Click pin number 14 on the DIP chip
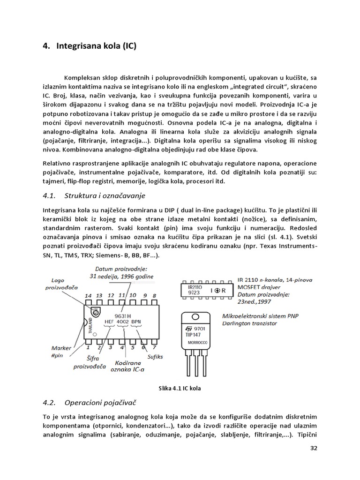coord(87,295)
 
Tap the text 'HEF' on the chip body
coord(109,322)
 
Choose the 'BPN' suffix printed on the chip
coord(137,322)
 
